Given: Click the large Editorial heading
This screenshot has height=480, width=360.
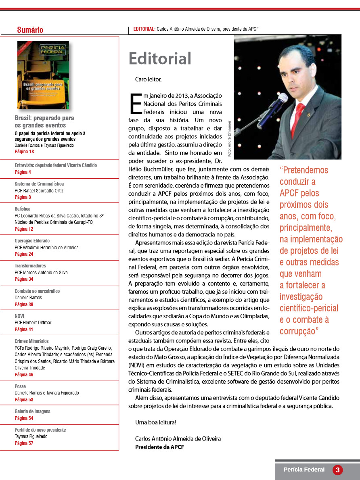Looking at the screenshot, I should [160, 58].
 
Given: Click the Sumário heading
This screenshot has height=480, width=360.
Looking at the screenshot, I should [30, 30].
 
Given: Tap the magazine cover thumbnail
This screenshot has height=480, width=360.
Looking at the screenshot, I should [43, 75].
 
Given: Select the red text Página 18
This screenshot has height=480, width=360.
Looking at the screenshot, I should [24, 152].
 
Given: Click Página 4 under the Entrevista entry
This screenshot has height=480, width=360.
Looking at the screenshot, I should [23, 172].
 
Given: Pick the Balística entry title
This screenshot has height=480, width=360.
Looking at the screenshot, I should [23, 209].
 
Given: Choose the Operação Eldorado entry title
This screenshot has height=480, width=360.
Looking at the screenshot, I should [32, 241].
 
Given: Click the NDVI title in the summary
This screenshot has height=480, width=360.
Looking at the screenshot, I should [19, 316].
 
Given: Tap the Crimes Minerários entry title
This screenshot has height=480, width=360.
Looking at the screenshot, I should [31, 341].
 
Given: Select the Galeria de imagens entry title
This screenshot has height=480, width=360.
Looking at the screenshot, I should [32, 411].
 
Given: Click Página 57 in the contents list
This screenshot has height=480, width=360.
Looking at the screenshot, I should [24, 443].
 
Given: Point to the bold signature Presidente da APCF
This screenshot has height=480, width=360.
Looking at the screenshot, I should [159, 447].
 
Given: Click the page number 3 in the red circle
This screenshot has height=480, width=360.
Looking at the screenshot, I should [337, 470].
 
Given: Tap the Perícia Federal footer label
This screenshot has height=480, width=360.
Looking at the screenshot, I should [304, 470].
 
